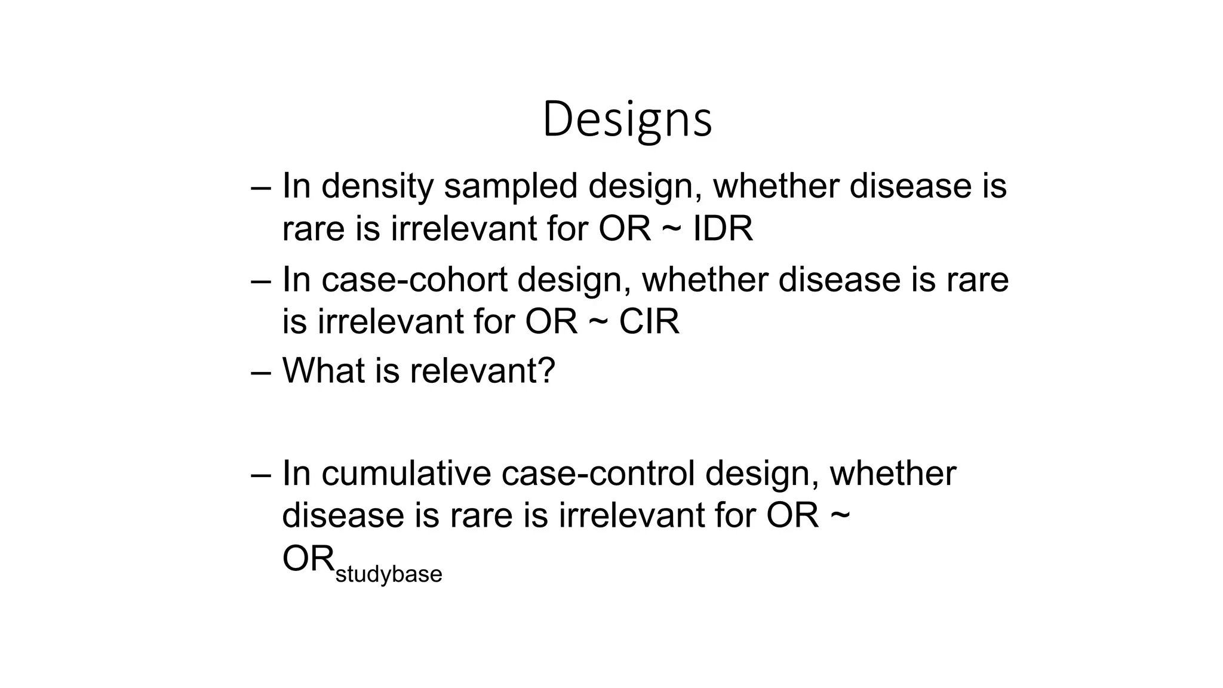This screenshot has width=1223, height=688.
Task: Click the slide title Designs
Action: click(x=627, y=119)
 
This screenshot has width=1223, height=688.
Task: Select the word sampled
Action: click(x=511, y=186)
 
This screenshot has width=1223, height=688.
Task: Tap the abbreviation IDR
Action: click(x=723, y=229)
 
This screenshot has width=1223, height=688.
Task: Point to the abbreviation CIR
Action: click(x=649, y=322)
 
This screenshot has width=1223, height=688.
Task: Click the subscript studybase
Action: click(x=389, y=575)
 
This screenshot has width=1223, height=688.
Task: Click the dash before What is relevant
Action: click(x=260, y=371)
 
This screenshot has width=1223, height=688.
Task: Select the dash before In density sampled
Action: click(x=260, y=187)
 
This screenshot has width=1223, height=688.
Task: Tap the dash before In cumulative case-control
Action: click(x=260, y=474)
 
